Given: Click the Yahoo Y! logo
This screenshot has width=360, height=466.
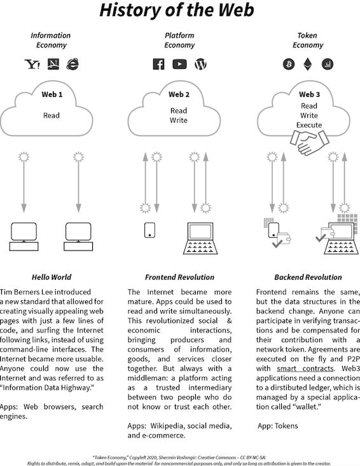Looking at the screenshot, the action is (32, 64).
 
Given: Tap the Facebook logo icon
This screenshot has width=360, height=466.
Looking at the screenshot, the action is (158, 64).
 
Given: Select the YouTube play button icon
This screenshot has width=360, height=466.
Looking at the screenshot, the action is (179, 64).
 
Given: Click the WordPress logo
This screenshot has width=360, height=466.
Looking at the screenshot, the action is (200, 64).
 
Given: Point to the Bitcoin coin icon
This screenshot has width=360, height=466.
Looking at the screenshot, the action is (289, 64).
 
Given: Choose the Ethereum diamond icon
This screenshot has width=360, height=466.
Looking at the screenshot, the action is (308, 64).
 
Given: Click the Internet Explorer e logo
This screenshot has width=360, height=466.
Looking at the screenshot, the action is (73, 64).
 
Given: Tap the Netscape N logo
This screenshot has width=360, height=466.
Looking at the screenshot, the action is (53, 64).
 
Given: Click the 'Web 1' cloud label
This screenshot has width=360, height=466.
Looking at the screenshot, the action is (52, 95).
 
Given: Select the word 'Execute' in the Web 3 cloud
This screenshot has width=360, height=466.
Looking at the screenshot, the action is (309, 125).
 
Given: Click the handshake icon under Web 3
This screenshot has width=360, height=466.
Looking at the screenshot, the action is (310, 142).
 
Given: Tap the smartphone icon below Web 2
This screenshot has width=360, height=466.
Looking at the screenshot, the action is (149, 230).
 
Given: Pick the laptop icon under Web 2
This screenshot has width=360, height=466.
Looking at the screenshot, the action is (200, 238).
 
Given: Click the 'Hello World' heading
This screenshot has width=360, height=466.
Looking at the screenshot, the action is (52, 277).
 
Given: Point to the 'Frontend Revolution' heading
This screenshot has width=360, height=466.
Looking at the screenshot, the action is (179, 277).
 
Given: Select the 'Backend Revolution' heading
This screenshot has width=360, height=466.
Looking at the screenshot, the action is (308, 277).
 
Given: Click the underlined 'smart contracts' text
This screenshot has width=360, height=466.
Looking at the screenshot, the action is (305, 369).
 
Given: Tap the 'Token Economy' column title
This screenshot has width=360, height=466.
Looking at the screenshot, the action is (308, 40).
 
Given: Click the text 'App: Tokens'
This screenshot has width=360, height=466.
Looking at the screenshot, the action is (278, 426).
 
